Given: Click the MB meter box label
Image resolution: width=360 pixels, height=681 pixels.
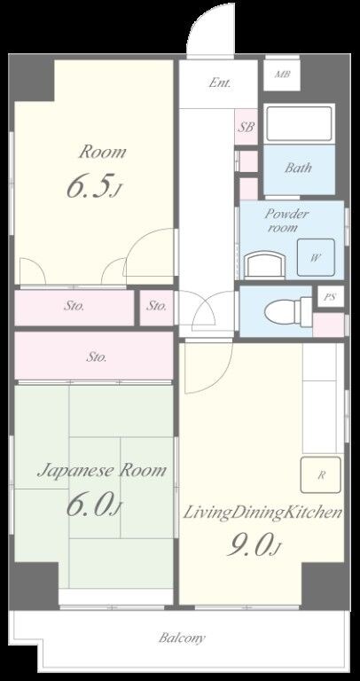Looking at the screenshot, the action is click(x=282, y=74).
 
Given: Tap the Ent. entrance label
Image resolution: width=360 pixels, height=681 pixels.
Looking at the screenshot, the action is click(x=219, y=83).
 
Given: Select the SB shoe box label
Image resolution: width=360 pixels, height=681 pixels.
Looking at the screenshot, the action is click(x=246, y=128).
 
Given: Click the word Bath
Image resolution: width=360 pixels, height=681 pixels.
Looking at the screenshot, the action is click(x=298, y=168).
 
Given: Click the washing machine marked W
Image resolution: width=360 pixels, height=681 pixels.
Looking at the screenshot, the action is click(x=316, y=257).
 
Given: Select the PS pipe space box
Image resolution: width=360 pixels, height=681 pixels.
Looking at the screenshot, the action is click(x=331, y=297).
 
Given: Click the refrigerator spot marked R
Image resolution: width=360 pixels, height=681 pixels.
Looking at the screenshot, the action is click(x=321, y=474).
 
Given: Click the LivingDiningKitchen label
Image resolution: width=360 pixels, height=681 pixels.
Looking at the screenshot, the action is click(x=262, y=513).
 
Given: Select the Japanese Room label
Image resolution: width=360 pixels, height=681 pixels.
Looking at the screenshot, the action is click(x=101, y=471).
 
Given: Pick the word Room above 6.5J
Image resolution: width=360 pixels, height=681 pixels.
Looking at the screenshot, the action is click(x=103, y=152).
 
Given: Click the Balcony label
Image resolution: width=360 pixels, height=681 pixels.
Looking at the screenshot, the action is click(x=182, y=638).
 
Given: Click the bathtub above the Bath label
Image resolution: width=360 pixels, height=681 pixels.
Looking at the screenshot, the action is click(x=299, y=124).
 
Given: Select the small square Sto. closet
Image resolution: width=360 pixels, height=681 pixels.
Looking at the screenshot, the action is click(x=156, y=307).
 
